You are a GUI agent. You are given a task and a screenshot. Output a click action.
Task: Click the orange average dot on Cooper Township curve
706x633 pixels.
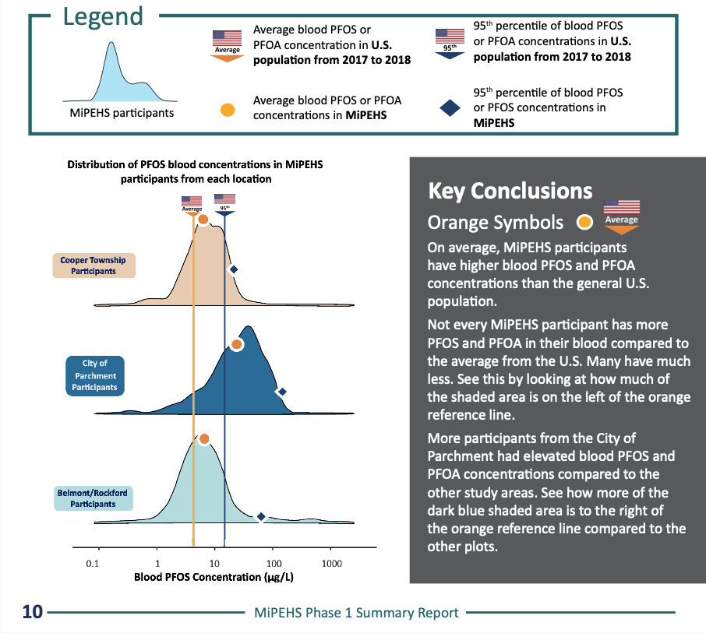[x=203, y=220]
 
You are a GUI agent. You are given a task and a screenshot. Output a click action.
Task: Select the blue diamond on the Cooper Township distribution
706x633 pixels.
[x=232, y=269]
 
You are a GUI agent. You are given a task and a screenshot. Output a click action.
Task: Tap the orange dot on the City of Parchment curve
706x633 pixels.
[x=237, y=344]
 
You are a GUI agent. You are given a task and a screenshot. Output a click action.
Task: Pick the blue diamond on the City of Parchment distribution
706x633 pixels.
[x=282, y=392]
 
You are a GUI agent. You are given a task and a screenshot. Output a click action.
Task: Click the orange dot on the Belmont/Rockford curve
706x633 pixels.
[x=204, y=439]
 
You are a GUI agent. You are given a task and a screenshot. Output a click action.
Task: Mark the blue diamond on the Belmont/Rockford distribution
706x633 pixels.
[x=262, y=517]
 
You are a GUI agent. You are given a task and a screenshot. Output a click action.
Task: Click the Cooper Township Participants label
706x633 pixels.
[x=94, y=266]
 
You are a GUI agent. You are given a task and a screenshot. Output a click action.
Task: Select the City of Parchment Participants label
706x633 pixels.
[x=94, y=375]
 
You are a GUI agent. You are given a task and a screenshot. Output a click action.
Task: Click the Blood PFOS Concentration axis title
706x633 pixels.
[x=214, y=578]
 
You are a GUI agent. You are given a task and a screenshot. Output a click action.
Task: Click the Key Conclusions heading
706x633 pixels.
[x=510, y=191]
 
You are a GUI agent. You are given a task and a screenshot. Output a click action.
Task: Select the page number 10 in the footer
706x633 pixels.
[x=32, y=612]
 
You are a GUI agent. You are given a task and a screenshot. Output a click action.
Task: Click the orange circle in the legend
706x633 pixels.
[x=227, y=111]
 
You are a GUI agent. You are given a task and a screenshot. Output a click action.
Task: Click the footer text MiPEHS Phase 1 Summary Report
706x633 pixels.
[x=356, y=613]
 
